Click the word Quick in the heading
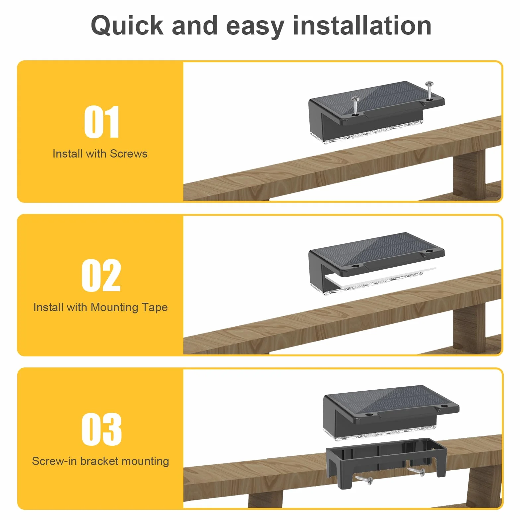coord(127,26)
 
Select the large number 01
coord(102,122)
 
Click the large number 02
coord(101,275)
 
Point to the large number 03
coord(101,429)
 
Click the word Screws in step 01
coord(129,154)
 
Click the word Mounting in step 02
coord(115,308)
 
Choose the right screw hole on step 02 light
coord(429,251)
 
